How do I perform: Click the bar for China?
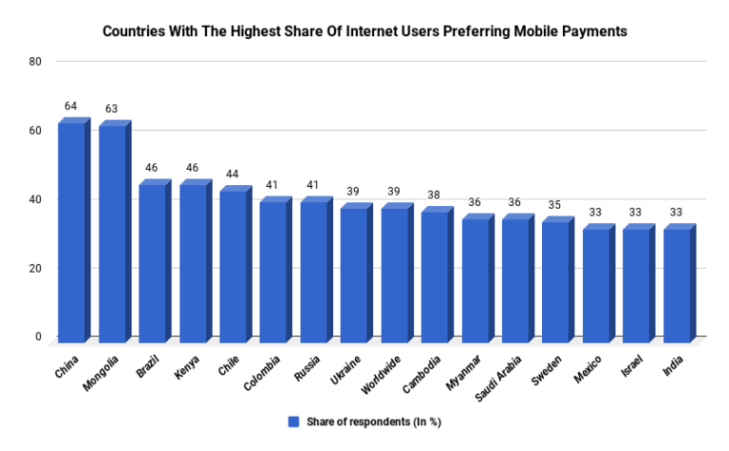(72, 233)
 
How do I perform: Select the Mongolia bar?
(113, 233)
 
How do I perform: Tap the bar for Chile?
(234, 266)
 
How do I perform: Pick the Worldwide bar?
(395, 274)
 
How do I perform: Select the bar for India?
(677, 285)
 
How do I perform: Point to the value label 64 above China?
(71, 105)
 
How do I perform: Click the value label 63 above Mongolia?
(112, 109)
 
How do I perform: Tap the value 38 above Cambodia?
(435, 195)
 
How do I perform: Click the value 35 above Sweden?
(555, 204)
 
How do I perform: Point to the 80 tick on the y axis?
(36, 62)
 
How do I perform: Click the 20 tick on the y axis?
(36, 269)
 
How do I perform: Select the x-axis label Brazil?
(148, 366)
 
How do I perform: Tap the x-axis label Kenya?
(189, 366)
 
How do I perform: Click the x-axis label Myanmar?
(467, 371)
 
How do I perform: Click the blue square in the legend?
(293, 421)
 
